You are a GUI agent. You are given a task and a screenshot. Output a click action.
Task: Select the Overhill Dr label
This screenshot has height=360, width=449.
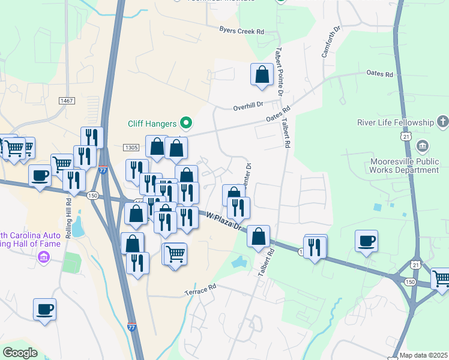click(x=248, y=106)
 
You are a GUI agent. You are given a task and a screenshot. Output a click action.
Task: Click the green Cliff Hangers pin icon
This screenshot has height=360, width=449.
click(x=185, y=124)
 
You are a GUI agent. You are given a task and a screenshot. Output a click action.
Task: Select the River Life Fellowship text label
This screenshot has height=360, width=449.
click(x=395, y=122)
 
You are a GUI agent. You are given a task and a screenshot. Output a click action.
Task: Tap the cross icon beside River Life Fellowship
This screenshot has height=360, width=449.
click(x=442, y=122)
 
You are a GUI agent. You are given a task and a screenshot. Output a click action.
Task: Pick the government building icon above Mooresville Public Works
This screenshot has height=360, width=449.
click(x=422, y=146)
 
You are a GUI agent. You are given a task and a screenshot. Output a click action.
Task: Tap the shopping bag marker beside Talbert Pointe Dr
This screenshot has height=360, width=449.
click(x=262, y=75)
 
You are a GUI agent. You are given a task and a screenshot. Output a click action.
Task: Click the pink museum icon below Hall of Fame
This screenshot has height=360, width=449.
click(x=43, y=257)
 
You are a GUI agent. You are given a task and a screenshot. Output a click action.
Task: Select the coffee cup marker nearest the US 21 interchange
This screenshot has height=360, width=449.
click(x=366, y=241)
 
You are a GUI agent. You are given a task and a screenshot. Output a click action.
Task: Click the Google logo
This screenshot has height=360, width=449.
click(x=20, y=352)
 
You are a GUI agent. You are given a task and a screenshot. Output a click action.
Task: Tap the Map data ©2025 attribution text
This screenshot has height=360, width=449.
click(x=423, y=355)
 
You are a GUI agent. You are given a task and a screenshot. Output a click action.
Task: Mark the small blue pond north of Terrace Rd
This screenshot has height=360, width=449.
click(x=239, y=262)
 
